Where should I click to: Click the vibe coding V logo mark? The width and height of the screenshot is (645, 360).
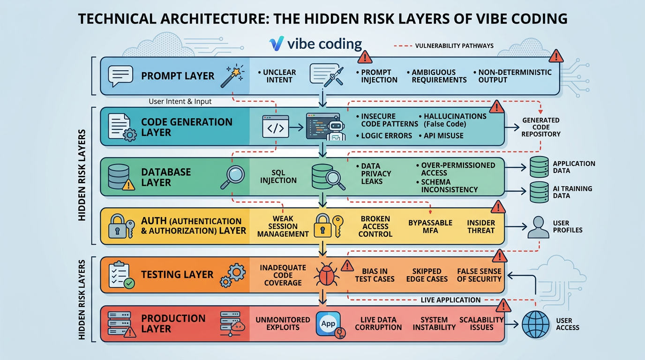[277, 44]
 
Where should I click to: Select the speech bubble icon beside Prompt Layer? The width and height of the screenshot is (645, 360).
[120, 76]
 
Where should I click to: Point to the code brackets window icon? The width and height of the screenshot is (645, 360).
[276, 127]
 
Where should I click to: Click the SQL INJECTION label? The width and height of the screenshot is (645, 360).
[278, 177]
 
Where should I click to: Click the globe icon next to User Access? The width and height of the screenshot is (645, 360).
[536, 324]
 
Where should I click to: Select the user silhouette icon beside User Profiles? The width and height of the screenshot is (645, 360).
[538, 227]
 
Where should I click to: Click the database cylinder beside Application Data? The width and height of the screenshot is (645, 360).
[539, 167]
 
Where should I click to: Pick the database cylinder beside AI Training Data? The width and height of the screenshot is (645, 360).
[539, 192]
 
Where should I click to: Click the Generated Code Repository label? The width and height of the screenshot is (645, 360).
[541, 127]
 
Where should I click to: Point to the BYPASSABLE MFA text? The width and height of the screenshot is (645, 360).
[430, 227]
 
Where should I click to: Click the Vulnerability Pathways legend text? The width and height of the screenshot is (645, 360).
[454, 46]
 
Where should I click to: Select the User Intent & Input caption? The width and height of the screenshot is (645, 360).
[180, 101]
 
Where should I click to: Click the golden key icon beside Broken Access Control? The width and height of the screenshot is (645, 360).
[338, 226]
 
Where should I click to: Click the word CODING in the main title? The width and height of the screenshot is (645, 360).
[539, 19]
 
